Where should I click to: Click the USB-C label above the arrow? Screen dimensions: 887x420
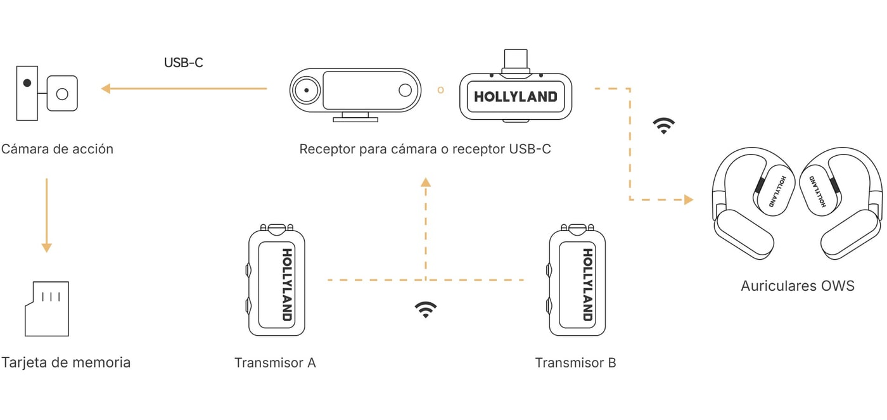tap(183, 63)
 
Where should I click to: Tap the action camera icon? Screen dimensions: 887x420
tap(47, 93)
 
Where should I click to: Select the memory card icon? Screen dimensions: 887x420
tap(47, 309)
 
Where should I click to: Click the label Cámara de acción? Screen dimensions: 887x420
tap(57, 149)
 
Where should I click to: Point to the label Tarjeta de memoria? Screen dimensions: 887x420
tap(66, 362)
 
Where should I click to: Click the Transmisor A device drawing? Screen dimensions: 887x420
tap(276, 280)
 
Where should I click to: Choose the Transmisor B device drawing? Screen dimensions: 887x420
tap(577, 280)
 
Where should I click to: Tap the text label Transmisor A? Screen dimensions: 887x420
tap(275, 362)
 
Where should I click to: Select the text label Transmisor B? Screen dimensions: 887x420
tap(575, 362)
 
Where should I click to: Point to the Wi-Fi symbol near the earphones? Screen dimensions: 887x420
tap(664, 125)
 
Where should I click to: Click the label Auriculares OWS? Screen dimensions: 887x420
tap(798, 286)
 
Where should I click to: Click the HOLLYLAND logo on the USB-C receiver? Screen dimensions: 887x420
tap(516, 97)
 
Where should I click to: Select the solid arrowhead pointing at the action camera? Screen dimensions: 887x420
tap(106, 89)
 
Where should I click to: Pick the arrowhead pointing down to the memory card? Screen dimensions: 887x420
tap(47, 248)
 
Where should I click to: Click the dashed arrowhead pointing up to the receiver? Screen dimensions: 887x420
tap(426, 182)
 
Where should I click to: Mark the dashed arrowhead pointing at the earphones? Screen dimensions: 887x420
tap(689, 200)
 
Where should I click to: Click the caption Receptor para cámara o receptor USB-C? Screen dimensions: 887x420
tap(425, 149)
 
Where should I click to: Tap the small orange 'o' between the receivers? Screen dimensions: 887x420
tap(440, 90)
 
